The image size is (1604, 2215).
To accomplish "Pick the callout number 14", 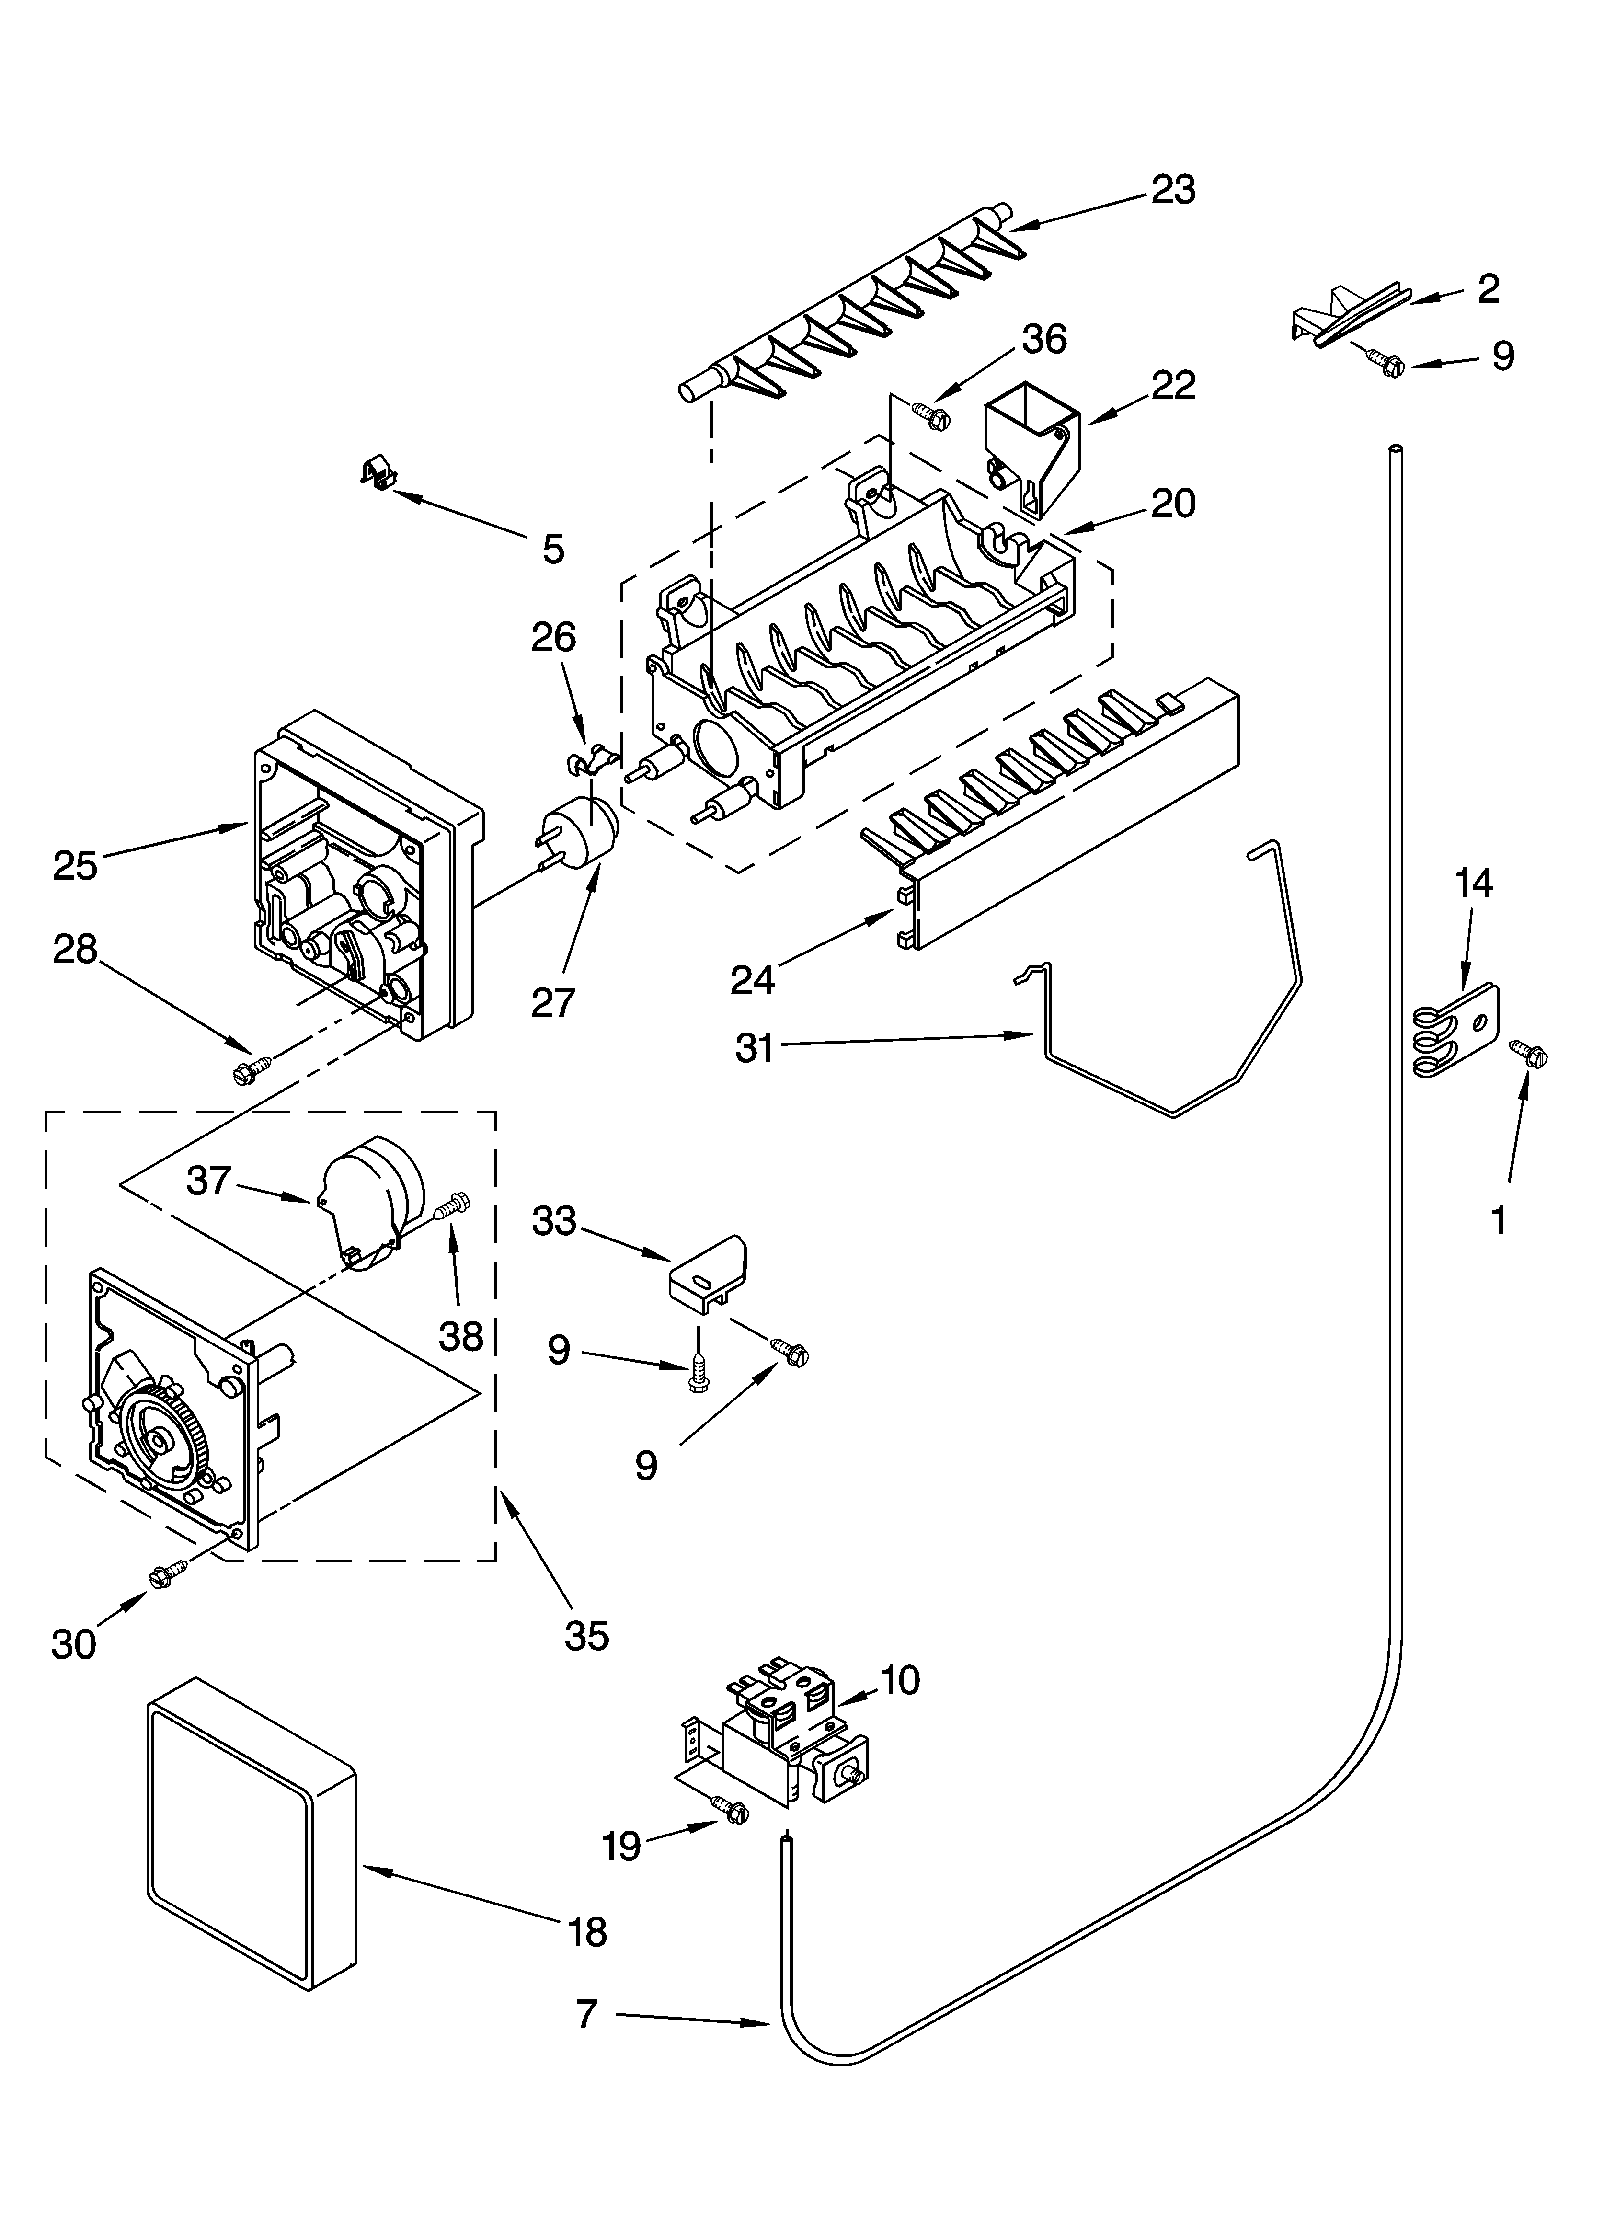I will click(1473, 884).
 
